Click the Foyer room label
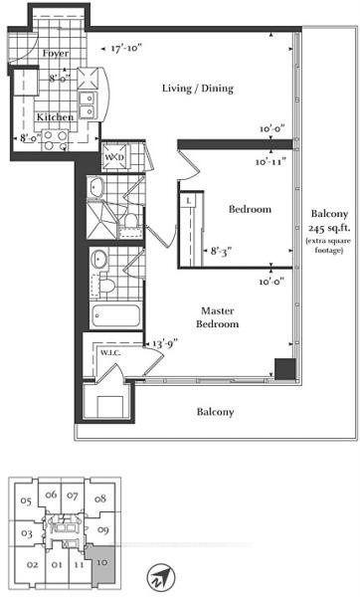pos(56,53)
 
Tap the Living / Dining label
pos(198,89)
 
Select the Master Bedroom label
pos(218,317)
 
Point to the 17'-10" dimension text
pos(126,49)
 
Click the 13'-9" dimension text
pos(165,344)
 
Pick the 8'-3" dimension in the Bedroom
pos(221,252)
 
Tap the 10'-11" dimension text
pos(270,162)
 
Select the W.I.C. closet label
pos(110,353)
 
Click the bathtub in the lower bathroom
pos(115,315)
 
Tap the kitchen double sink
pos(88,105)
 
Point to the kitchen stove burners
pos(56,140)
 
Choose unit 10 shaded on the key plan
pos(102,563)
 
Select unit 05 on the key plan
pos(26,501)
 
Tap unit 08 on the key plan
pos(100,498)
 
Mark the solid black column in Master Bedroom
pos(285,369)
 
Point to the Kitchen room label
pos(55,116)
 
